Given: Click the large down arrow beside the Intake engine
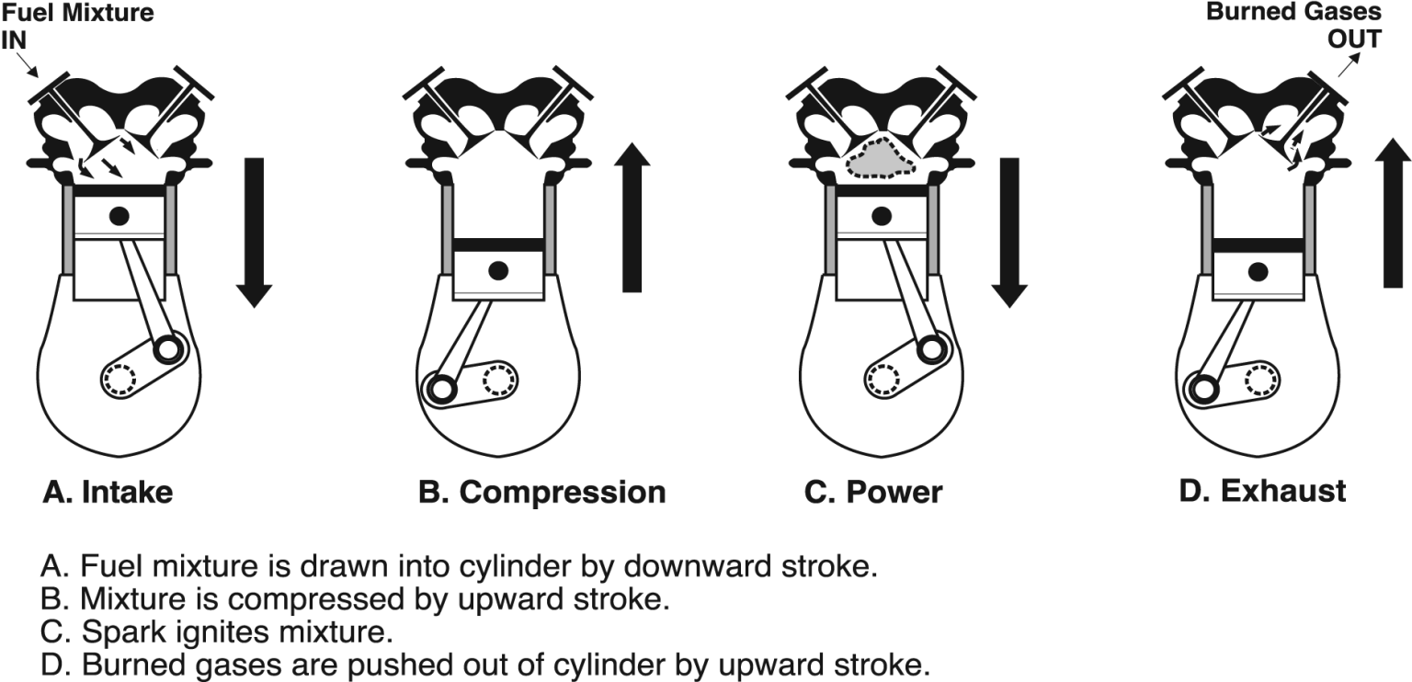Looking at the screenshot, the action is (254, 233).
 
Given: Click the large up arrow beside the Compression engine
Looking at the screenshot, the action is (632, 218).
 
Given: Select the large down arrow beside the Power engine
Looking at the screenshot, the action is (1009, 233).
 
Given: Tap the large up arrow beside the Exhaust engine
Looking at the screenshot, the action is (1393, 213).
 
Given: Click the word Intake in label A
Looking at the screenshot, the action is (128, 493).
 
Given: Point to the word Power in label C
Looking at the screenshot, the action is (894, 493).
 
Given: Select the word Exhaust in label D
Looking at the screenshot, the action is (1283, 491).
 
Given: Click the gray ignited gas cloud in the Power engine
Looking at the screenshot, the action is (881, 159).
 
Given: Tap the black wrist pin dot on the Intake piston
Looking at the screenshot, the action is (120, 216).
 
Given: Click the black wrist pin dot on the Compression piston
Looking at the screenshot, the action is (498, 270).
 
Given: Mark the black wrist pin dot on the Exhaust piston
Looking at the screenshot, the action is (1258, 272).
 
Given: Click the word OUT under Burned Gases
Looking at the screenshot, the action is (1355, 40).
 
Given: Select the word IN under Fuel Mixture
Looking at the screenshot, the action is (14, 41).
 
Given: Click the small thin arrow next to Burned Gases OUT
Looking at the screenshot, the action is (1349, 64).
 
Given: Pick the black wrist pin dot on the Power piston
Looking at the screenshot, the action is (882, 216).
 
